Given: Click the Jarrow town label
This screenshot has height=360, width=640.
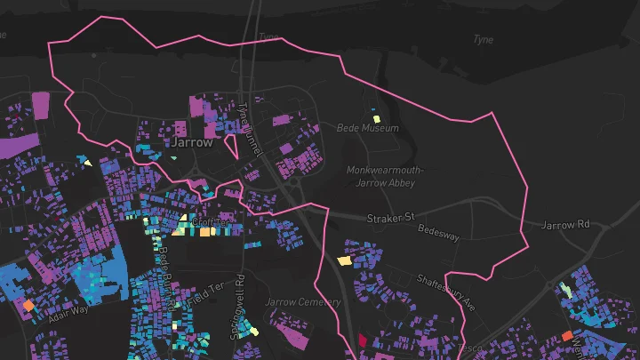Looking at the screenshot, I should tap(192, 142).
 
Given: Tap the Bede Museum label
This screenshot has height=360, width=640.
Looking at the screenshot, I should tap(368, 129).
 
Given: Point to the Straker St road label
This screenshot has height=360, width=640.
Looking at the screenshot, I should tap(391, 218).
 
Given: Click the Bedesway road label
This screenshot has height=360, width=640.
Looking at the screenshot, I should tap(438, 237).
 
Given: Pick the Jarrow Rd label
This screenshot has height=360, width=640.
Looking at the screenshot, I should tap(565, 225).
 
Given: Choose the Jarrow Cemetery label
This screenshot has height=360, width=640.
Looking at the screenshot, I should tap(302, 302).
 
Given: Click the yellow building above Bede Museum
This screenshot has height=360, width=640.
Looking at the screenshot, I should tap(376, 118).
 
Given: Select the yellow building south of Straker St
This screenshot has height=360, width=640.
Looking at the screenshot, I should tap(344, 261).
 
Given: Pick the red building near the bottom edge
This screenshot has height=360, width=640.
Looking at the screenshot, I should tap(363, 340).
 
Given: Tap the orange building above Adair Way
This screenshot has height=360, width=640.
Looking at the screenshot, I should tap(28, 306).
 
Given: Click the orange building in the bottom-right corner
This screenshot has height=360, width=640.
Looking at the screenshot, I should tap(567, 335).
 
